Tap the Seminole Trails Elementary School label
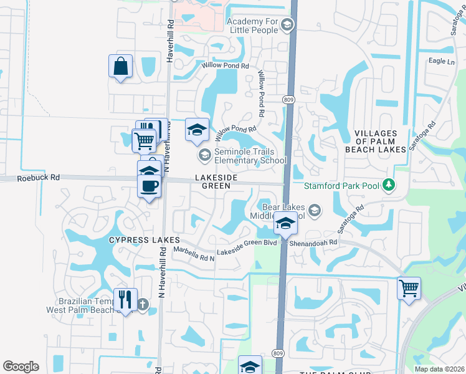(x=250, y=156)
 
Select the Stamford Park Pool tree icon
(x=389, y=185)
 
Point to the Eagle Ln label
(x=441, y=61)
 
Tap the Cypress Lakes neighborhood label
(x=145, y=240)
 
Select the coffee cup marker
(x=150, y=186)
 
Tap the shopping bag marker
(x=120, y=66)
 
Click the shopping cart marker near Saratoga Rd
(x=409, y=288)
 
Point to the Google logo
(x=21, y=367)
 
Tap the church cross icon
(x=143, y=305)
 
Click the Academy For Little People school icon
(x=287, y=26)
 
